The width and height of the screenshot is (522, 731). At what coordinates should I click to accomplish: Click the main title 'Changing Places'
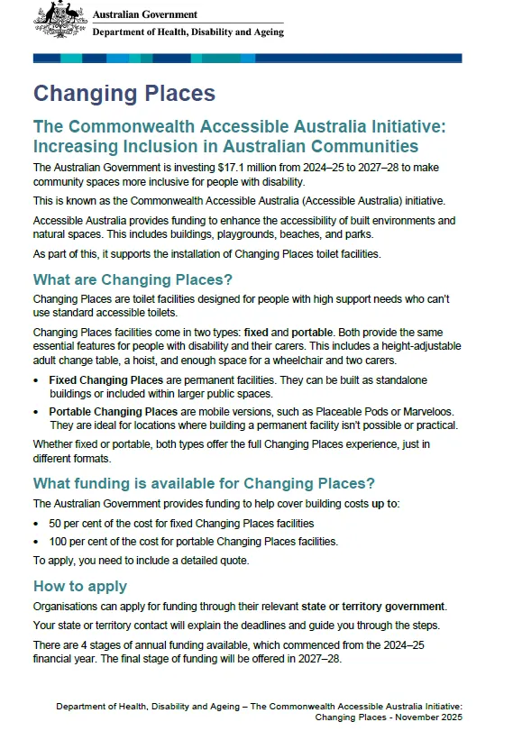pyautogui.click(x=124, y=94)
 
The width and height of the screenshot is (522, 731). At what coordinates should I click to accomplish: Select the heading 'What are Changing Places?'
pyautogui.click(x=133, y=278)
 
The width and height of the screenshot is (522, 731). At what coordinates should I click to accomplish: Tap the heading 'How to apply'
pyautogui.click(x=80, y=587)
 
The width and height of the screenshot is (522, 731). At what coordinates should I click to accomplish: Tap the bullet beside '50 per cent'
pyautogui.click(x=36, y=524)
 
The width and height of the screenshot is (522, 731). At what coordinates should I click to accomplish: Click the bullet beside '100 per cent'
pyautogui.click(x=36, y=542)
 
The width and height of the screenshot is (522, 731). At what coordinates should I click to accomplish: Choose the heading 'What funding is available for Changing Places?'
pyautogui.click(x=204, y=482)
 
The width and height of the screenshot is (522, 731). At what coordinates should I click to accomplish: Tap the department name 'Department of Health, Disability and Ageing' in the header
pyautogui.click(x=188, y=32)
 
